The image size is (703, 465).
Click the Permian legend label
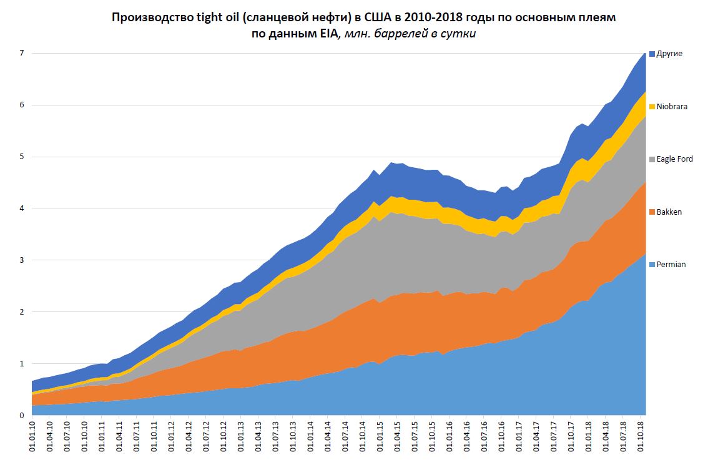pos(671,265)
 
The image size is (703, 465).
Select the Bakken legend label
pos(669,212)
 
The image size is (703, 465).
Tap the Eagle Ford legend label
pos(675,159)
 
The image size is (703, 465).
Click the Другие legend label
pos(670,54)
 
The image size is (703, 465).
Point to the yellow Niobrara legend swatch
pos(652,107)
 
